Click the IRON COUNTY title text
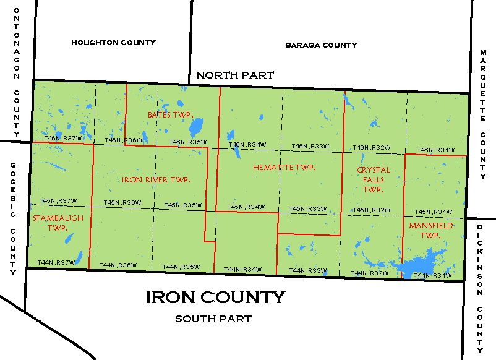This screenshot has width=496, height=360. (x=215, y=298)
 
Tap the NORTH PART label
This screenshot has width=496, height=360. (x=235, y=75)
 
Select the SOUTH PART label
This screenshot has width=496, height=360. (x=213, y=319)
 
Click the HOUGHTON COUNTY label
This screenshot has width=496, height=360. (x=113, y=43)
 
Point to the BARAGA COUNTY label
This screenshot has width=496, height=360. (x=321, y=45)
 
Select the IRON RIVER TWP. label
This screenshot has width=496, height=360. (x=155, y=179)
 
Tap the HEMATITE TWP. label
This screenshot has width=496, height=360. (x=284, y=168)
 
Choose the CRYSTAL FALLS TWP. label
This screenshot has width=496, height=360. (x=374, y=179)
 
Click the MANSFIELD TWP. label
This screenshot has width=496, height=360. (x=431, y=231)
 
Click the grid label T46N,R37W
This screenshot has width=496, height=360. (x=64, y=139)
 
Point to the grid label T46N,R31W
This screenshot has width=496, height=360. (x=435, y=150)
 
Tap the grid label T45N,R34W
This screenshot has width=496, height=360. (x=246, y=207)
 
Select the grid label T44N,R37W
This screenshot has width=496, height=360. (x=56, y=263)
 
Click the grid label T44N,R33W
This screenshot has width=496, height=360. (x=308, y=270)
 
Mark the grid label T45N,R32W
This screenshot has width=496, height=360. (x=371, y=210)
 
